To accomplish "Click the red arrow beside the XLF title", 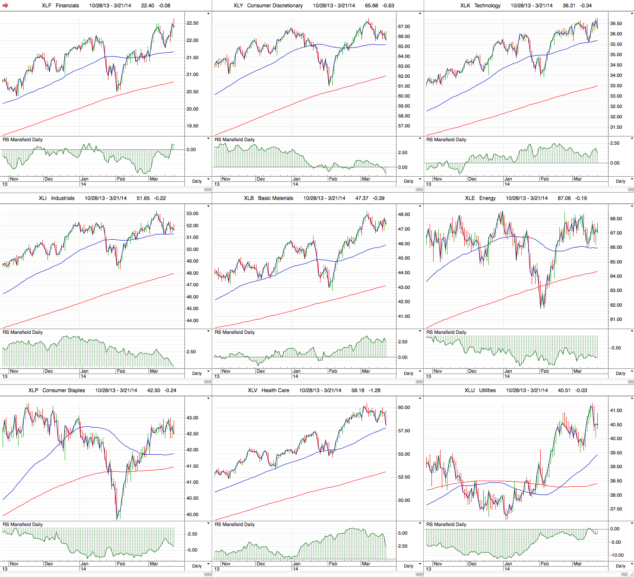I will (6, 6).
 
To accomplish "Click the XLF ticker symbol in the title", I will (47, 6).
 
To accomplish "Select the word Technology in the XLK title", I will (487, 6).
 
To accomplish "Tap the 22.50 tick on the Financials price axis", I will (193, 23).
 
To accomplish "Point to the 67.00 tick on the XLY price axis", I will (404, 27).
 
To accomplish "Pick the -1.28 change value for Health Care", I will (374, 390).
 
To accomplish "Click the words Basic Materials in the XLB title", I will (276, 198).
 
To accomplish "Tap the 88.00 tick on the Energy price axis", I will (616, 219).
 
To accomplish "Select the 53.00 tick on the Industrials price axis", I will (193, 214).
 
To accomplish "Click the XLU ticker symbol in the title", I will (469, 390).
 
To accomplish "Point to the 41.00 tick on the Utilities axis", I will (616, 411).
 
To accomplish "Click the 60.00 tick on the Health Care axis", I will (404, 408).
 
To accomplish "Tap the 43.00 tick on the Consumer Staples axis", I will (193, 418).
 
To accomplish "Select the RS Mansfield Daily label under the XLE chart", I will (446, 333).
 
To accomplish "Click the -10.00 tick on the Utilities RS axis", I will (617, 555).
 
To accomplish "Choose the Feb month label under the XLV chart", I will (333, 564).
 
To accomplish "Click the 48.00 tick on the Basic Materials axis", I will (404, 215).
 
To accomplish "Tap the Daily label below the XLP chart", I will (197, 566).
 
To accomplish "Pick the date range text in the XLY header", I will (334, 6).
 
